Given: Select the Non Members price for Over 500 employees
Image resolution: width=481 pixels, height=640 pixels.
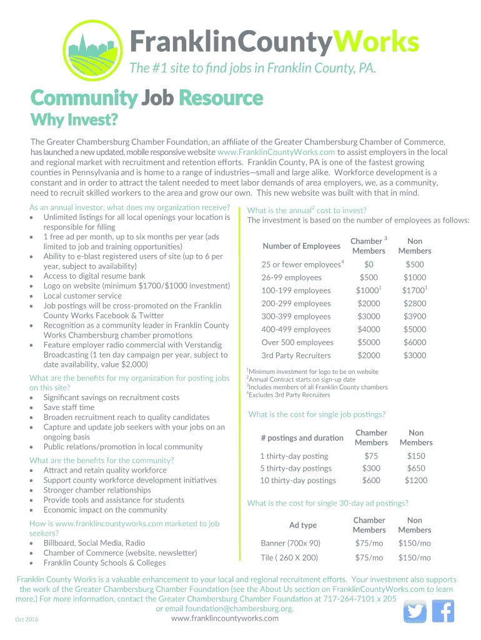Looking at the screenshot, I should tap(415, 342).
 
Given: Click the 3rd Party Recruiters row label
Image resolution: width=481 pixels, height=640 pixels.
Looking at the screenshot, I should tap(295, 356).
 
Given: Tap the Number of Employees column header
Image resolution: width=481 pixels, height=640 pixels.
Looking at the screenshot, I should tap(301, 246).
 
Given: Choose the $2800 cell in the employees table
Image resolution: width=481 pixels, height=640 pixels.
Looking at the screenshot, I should tap(415, 304).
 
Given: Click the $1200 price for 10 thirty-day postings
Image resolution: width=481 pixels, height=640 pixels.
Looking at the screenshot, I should tap(415, 481).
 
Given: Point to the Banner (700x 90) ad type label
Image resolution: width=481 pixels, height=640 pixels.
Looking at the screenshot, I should tap(290, 543).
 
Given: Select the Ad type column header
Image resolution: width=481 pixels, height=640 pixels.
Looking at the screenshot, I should tap(303, 525).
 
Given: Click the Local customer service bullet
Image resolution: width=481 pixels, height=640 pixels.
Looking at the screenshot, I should tap(82, 296).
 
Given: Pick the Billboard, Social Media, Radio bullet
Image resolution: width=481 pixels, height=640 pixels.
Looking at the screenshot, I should tap(94, 543).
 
